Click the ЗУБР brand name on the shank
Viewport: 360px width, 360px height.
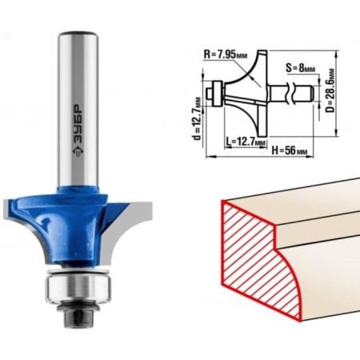pos(78,123)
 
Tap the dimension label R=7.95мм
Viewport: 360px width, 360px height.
pos(226,55)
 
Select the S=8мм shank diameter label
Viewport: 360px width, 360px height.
pos(300,68)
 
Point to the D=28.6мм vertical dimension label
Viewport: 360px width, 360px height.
pos(330,91)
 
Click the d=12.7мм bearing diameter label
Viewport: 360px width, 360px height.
pos(198,118)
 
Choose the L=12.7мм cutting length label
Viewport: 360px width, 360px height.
pos(246,141)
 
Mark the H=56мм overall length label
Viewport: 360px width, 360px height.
pos(290,151)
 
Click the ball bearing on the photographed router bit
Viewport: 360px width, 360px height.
pos(78,289)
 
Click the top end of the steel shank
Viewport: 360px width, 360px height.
pos(78,34)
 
